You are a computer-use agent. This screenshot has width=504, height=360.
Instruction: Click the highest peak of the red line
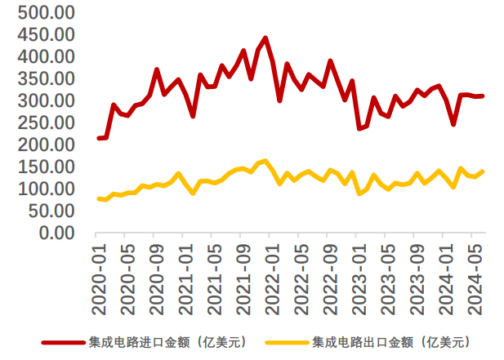tap(265, 38)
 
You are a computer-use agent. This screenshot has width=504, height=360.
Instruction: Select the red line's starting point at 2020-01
tap(99, 138)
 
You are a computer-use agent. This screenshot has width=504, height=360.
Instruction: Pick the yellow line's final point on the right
tap(483, 171)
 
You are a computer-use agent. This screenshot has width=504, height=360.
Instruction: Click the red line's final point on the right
tap(483, 96)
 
